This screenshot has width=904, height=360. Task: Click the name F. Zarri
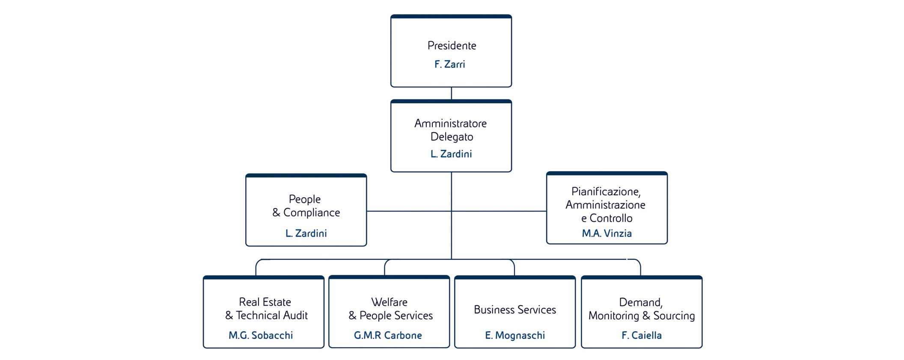click(449, 64)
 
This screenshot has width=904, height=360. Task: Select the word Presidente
click(452, 45)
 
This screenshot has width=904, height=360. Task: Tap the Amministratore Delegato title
click(451, 130)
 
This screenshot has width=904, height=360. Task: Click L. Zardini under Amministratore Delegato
click(451, 154)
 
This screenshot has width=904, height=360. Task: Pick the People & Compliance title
click(306, 206)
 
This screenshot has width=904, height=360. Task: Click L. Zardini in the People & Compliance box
click(306, 233)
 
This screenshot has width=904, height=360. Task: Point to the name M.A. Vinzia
click(607, 233)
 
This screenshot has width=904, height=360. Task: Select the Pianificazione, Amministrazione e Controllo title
click(606, 205)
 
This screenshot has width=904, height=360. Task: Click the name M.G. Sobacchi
click(261, 335)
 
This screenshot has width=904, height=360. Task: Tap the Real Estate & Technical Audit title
click(266, 309)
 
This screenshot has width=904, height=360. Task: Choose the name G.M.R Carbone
click(388, 335)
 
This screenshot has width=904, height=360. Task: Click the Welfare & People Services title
click(390, 309)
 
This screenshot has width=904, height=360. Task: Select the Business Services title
click(515, 309)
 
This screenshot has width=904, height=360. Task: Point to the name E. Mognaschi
click(515, 335)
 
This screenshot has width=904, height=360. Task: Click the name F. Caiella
click(642, 335)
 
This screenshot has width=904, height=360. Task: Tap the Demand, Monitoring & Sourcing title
click(641, 309)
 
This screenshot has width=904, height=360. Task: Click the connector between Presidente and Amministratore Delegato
click(451, 93)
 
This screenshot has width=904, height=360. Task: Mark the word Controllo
click(611, 218)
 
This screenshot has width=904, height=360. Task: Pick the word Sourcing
click(674, 316)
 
